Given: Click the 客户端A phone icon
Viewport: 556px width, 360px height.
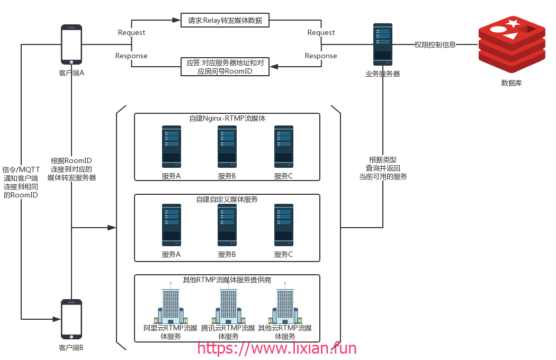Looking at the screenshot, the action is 71,44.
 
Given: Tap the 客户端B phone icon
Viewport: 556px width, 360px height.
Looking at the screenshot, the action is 71,319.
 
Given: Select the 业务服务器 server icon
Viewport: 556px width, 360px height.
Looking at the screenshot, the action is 383,44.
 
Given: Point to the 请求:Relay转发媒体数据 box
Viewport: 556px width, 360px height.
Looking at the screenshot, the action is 225,20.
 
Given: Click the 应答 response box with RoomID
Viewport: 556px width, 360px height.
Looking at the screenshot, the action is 225,67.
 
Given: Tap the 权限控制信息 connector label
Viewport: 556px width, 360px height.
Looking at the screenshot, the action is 435,44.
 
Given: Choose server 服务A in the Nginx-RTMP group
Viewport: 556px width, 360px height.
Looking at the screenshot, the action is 171,147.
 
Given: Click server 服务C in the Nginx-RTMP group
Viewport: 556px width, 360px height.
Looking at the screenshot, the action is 284,147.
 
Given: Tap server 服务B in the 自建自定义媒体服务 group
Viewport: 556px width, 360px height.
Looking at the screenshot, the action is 227,225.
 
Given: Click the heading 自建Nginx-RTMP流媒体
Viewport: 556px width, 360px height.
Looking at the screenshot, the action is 227,118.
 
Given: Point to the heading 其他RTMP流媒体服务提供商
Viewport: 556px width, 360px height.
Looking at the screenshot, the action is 227,280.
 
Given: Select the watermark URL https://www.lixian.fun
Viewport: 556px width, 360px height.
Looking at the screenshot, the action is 276,348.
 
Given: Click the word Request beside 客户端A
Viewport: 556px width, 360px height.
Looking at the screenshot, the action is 131,32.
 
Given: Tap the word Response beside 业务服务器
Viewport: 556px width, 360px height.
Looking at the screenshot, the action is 321,56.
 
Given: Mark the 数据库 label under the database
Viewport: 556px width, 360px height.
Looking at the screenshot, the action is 512,83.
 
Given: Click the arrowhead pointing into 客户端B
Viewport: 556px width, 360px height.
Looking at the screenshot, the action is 57,319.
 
